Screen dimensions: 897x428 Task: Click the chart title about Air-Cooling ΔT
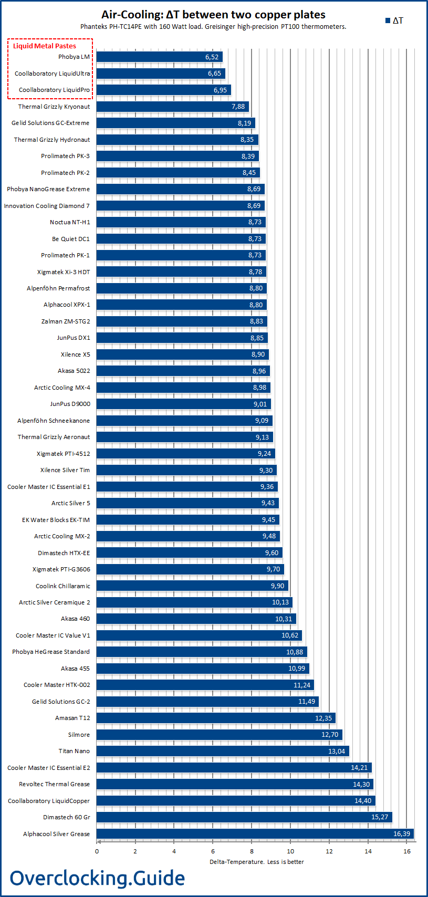[x=213, y=15]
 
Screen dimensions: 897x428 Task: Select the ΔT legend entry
[x=394, y=20]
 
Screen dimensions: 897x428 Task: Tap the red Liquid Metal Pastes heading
[x=45, y=46]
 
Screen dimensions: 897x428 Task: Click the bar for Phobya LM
[x=159, y=57]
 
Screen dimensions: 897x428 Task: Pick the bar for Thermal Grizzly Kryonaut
[x=172, y=107]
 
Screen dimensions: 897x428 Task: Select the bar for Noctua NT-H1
[x=181, y=222]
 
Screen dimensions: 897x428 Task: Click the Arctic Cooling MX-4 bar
[x=183, y=388]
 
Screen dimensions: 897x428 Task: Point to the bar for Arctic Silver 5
[x=187, y=503]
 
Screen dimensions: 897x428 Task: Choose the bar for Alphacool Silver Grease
[x=255, y=834]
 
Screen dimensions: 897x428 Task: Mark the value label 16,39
[x=402, y=834]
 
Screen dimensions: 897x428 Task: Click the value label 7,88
[x=238, y=107]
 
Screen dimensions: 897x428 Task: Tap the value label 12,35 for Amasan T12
[x=323, y=718]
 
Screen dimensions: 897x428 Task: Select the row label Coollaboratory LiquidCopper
[x=49, y=801]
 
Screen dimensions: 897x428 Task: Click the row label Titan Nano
[x=74, y=751]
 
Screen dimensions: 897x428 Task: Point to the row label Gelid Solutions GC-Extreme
[x=50, y=123]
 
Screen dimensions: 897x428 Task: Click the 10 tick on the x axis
[x=290, y=851]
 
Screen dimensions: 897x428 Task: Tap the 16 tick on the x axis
[x=407, y=851]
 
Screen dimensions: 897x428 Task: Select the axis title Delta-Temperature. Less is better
[x=256, y=862]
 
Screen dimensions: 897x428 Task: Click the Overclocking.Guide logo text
[x=97, y=878]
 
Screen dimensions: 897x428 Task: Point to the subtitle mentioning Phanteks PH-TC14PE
[x=213, y=27]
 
